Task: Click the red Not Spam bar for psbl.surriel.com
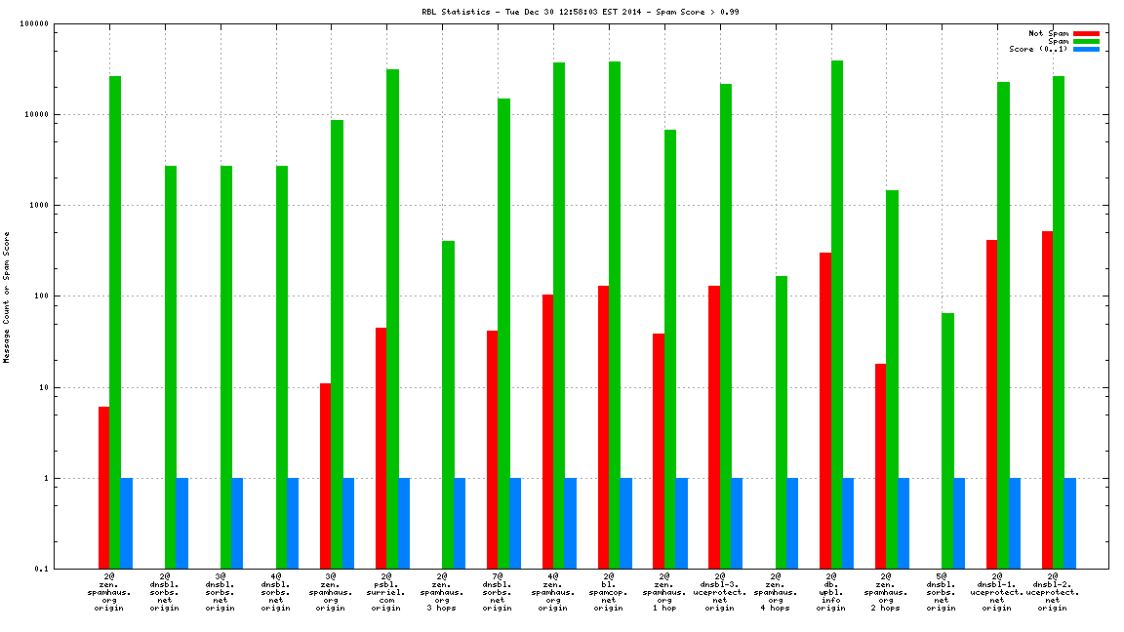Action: (x=381, y=448)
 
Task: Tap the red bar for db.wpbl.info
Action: (x=825, y=411)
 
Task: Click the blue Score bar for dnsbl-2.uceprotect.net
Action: (x=1070, y=523)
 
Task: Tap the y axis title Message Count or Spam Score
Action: (x=7, y=297)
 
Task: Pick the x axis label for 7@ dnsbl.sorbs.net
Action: (x=498, y=593)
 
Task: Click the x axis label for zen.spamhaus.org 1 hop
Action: (x=664, y=593)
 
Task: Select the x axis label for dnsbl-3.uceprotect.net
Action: (x=720, y=593)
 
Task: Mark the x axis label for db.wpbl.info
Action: (x=831, y=593)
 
